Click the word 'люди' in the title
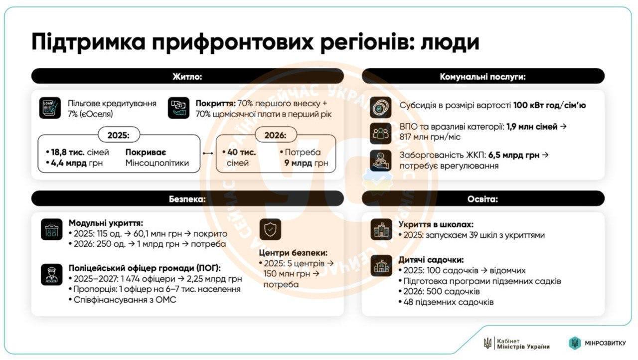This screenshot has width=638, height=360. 450,42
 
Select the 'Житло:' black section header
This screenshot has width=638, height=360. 187,76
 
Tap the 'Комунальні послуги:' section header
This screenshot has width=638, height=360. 483,76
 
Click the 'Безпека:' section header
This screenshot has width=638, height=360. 187,199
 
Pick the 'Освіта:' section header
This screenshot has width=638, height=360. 483,199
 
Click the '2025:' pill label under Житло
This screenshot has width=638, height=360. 119,135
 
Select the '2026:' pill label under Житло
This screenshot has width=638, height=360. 276,135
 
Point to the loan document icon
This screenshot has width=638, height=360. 50,108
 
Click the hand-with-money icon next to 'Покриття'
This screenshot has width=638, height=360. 178,108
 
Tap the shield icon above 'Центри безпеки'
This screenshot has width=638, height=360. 271,229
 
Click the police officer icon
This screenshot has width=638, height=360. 52,274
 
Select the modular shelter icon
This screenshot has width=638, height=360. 52,229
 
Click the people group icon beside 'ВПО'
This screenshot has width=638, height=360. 380,133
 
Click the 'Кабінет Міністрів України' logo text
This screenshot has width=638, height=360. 523,344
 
